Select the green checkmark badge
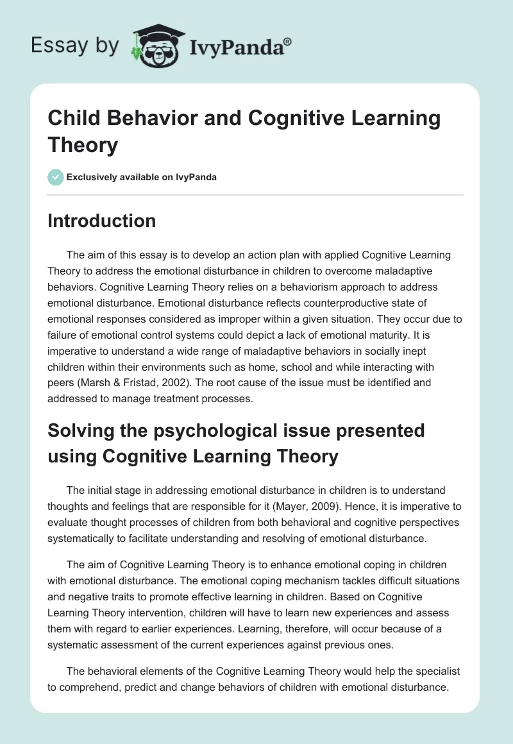(x=55, y=177)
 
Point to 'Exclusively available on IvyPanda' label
(x=141, y=177)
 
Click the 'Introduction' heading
(x=102, y=221)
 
